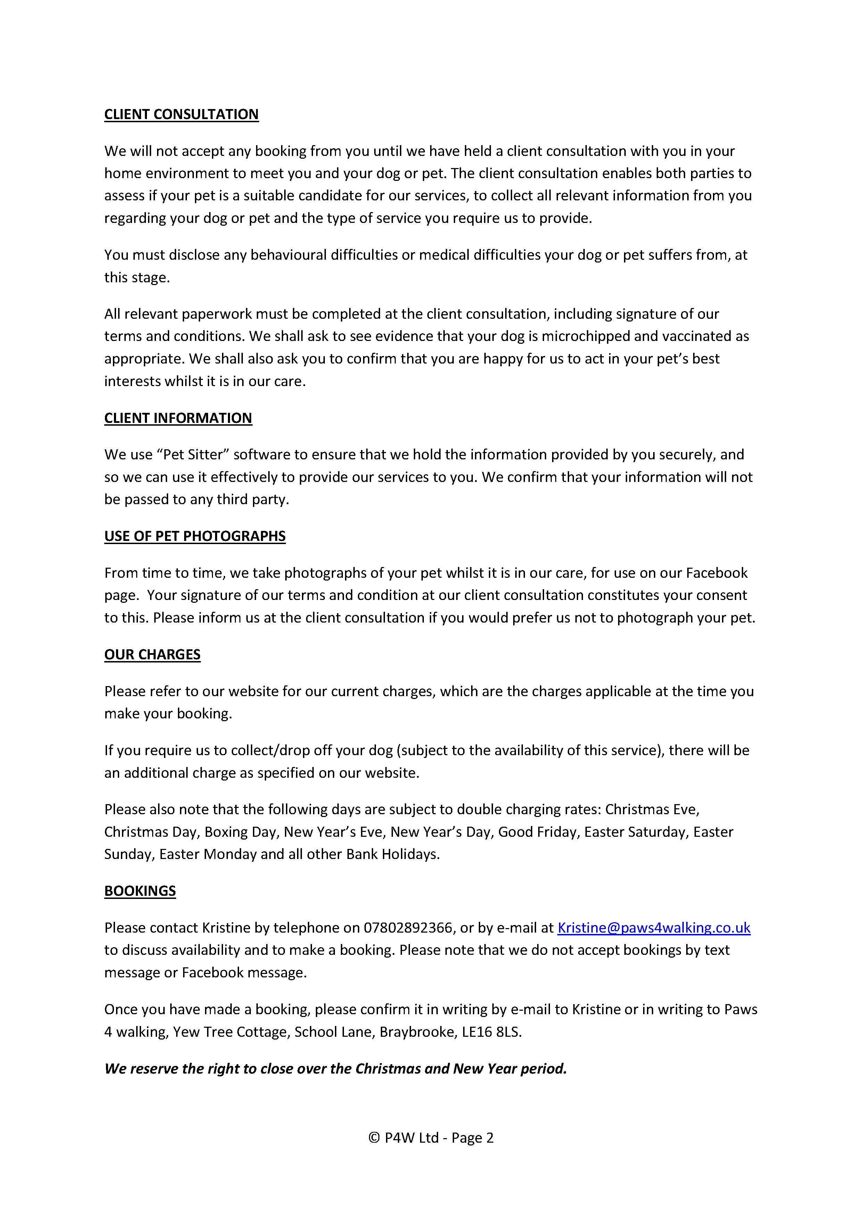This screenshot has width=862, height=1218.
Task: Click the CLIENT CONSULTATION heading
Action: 181,115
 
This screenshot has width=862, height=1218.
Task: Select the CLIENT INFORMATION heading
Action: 178,418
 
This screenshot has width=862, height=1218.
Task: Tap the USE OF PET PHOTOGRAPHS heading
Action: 195,536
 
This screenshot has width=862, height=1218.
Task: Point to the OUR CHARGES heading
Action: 152,654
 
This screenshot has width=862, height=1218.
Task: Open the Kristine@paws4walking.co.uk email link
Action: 654,927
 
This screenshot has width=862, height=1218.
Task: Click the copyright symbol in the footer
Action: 374,1138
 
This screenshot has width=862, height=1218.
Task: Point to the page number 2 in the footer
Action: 490,1138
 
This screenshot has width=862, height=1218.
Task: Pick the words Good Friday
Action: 537,832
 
